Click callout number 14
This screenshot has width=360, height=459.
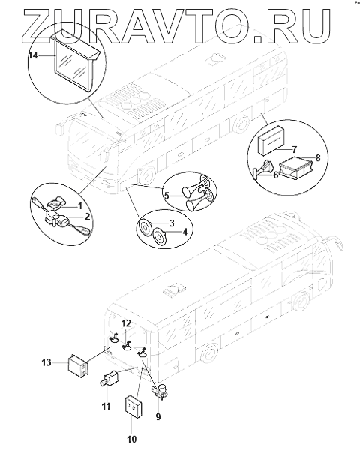coord(33,55)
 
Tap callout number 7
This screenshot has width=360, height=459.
coord(294,149)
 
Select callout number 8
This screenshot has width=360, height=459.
coord(318,158)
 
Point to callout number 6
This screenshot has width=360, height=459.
coord(276,175)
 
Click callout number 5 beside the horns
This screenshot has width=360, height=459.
coord(166,195)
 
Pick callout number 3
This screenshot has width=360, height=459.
coord(172,223)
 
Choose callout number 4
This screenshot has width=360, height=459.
coord(184,232)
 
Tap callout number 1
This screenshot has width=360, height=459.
coord(79,206)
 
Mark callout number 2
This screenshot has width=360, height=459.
coord(87,217)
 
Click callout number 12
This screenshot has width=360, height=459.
coord(126,323)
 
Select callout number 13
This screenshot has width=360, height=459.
coord(46,362)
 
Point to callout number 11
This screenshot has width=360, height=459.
coord(106,406)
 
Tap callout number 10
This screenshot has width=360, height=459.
coord(132,439)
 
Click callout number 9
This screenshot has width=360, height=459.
coord(158,416)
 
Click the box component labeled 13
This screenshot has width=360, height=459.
coord(78,365)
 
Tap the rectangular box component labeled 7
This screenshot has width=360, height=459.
coord(271,140)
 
